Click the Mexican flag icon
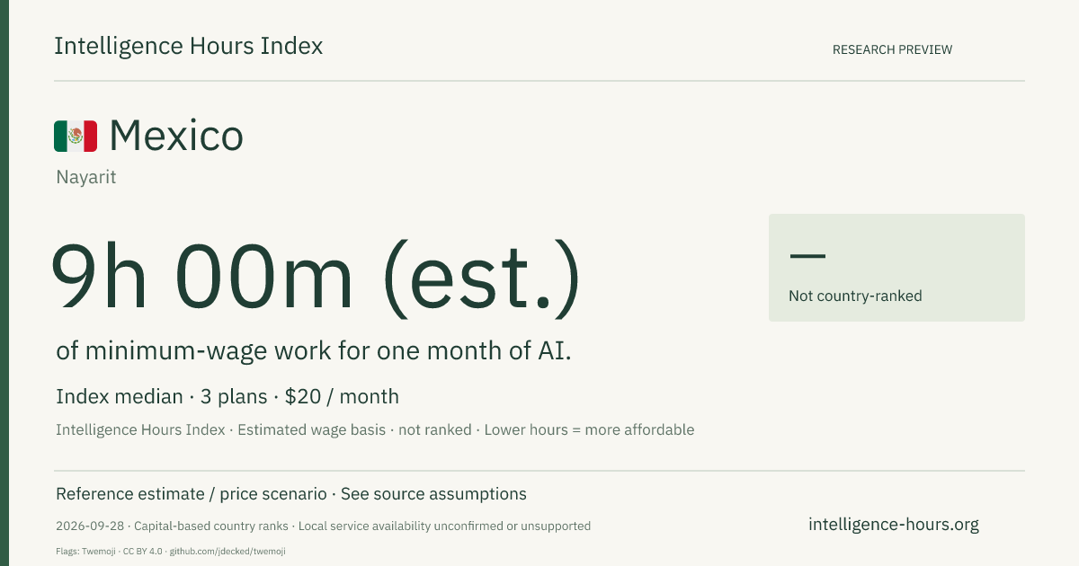click(x=76, y=137)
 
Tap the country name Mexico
click(x=176, y=136)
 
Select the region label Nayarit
click(x=86, y=177)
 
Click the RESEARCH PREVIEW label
click(x=892, y=49)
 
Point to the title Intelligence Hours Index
click(x=188, y=46)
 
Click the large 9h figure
click(x=99, y=276)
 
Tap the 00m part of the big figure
click(x=264, y=276)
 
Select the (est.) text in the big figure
click(x=482, y=279)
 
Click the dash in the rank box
click(x=807, y=255)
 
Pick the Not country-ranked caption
click(x=855, y=296)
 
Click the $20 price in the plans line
click(x=302, y=396)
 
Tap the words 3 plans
click(x=234, y=397)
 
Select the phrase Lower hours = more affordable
click(x=589, y=429)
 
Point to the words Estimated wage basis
click(x=312, y=429)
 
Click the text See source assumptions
click(x=433, y=494)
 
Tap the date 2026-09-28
click(x=90, y=526)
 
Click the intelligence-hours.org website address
click(x=894, y=524)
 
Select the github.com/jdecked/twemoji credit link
click(x=227, y=551)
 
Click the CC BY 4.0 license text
click(x=143, y=551)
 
